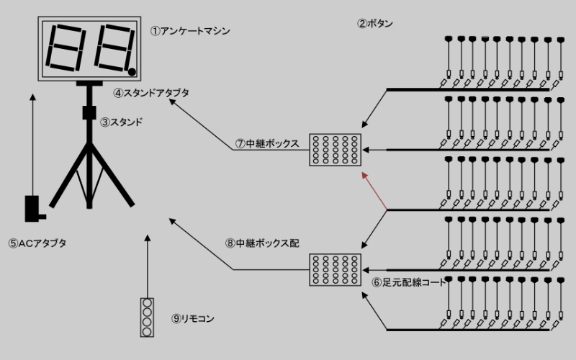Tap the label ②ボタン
tap(375, 23)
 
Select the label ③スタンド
tap(121, 122)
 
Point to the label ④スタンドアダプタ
tap(151, 93)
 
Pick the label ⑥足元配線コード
tap(410, 282)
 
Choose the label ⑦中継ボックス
tap(266, 143)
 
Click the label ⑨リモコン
tap(193, 318)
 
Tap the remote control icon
tap(147, 318)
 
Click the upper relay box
tap(335, 150)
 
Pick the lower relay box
tap(335, 271)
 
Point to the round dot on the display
tap(132, 71)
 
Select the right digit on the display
tap(112, 48)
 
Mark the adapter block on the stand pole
tap(89, 113)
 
